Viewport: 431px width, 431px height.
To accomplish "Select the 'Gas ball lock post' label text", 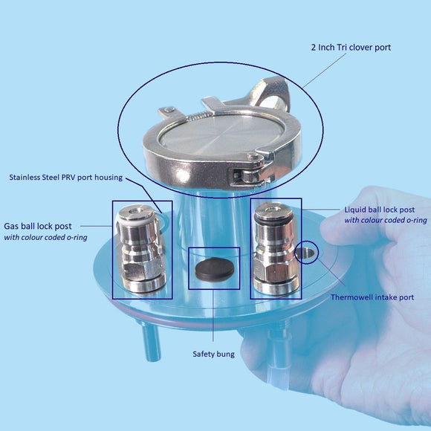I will point(44,225).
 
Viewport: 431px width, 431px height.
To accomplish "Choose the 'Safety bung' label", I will point(213,354).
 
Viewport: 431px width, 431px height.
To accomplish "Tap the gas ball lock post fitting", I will point(141,249).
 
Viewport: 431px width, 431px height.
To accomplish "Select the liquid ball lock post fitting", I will point(276,249).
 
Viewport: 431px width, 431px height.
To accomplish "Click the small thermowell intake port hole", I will point(305,253).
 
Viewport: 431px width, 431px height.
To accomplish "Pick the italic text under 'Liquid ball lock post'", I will point(385,221).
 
